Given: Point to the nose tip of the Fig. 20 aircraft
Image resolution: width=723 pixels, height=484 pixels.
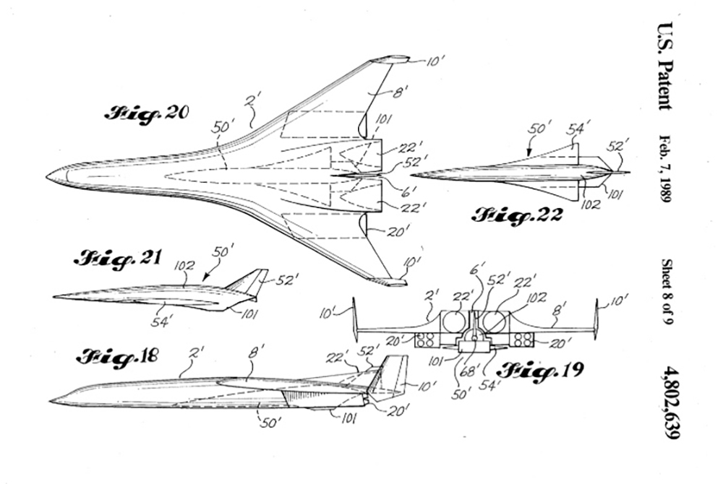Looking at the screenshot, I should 47,176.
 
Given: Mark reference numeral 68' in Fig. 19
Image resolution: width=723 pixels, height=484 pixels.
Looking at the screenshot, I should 478,373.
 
